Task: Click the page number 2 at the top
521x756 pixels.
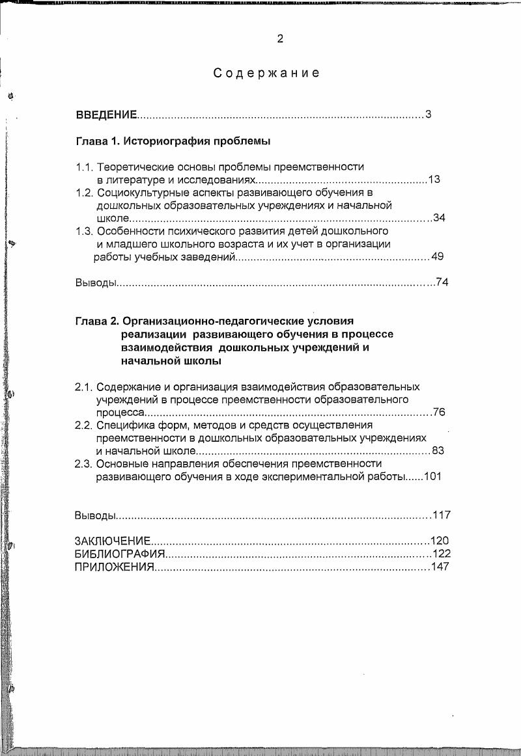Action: [x=280, y=39]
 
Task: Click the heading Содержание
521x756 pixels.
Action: [x=267, y=74]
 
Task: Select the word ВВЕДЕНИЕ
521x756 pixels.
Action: [x=106, y=116]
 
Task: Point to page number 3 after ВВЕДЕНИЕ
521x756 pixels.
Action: [x=429, y=115]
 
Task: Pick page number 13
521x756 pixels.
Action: [x=434, y=180]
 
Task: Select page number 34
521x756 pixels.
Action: [x=439, y=218]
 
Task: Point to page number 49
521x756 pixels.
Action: [x=437, y=256]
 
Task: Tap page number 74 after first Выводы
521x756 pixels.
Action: [x=443, y=282]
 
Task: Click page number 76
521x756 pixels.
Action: [x=439, y=412]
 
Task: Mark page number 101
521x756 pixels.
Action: [x=432, y=476]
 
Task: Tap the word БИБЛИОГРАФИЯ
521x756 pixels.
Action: [x=120, y=554]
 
